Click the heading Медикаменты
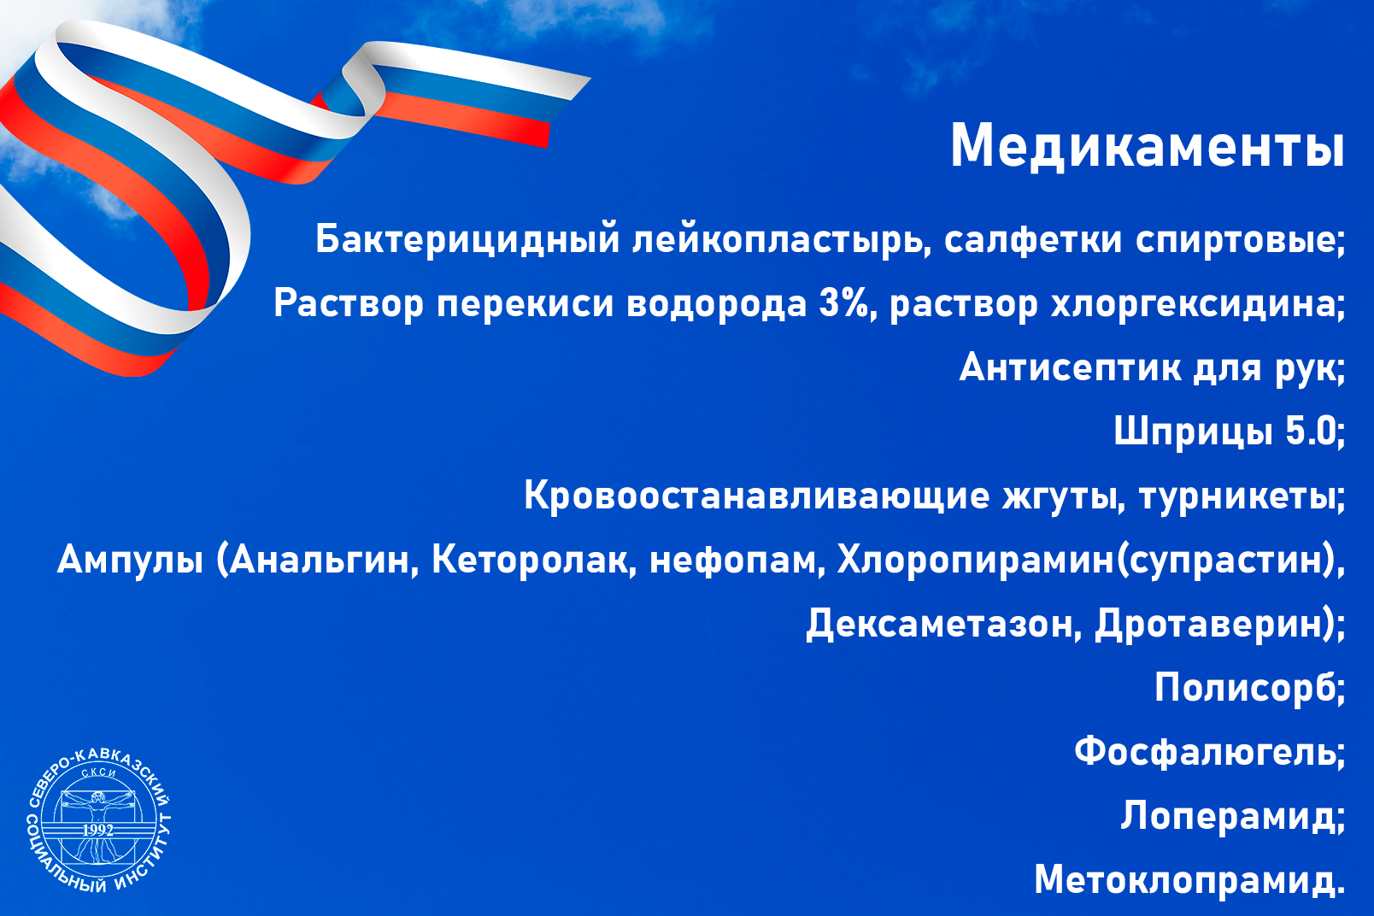[x=1147, y=146]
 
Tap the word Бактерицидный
[x=467, y=239]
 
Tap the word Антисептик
[x=1069, y=367]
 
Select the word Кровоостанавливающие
[x=756, y=495]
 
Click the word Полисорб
[x=1246, y=686]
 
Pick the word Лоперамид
[x=1228, y=816]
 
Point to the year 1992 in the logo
[x=98, y=831]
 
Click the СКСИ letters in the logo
[x=99, y=773]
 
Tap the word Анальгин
[x=320, y=560]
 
